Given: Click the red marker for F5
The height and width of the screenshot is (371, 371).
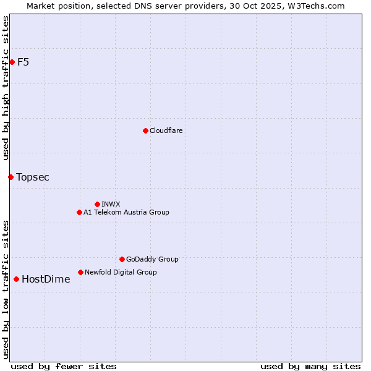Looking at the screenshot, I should (x=12, y=62).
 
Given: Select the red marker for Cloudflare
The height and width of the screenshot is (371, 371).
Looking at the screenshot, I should (x=145, y=130).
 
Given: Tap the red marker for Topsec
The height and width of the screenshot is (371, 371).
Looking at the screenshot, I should (x=11, y=177).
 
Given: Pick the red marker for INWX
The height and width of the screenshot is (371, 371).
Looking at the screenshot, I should (x=97, y=204).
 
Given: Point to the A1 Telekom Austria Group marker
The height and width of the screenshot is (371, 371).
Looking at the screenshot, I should (x=79, y=212).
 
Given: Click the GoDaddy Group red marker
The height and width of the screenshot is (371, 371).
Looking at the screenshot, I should (x=122, y=259).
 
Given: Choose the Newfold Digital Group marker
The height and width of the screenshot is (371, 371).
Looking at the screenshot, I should (x=80, y=272).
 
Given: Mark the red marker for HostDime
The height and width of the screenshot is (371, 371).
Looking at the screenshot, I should (x=16, y=279).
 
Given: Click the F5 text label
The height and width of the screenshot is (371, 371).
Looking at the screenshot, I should (x=23, y=62).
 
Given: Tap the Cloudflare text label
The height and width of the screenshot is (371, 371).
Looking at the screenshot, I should (x=166, y=130).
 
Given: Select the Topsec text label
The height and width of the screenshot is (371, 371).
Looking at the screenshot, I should (x=33, y=177).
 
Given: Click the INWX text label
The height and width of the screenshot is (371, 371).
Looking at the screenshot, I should (x=111, y=204).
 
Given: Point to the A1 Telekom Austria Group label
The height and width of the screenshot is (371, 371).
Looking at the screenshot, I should (x=126, y=212).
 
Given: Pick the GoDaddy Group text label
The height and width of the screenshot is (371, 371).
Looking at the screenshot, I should (x=152, y=259).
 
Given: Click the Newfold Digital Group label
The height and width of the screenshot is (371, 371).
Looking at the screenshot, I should (x=121, y=272).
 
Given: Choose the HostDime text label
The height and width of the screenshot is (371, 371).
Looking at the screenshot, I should (x=46, y=279).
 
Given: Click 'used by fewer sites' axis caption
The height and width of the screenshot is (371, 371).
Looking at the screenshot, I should (x=64, y=366).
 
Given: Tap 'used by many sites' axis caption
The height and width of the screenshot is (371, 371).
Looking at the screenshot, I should (x=310, y=366).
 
